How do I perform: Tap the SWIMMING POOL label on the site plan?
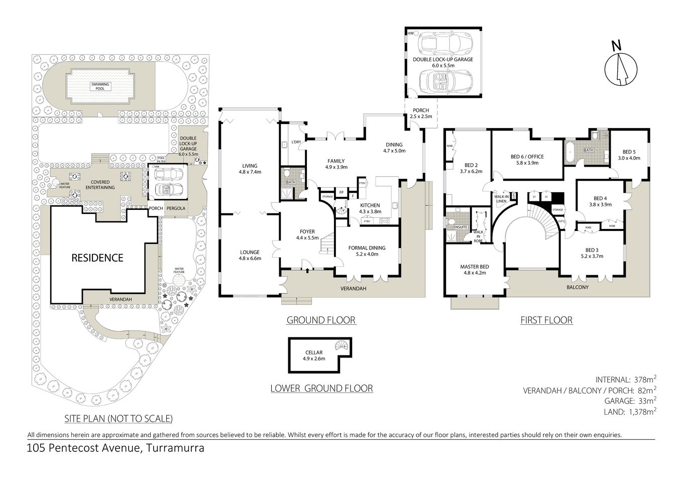click(x=99, y=86)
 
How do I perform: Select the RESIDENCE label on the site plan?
click(x=97, y=258)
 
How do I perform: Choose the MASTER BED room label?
click(x=475, y=270)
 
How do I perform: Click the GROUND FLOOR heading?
click(x=321, y=320)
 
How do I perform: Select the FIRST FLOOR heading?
click(x=546, y=320)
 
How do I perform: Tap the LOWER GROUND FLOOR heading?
click(x=321, y=388)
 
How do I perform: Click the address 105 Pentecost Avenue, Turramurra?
click(x=116, y=448)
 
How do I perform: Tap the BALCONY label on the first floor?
click(x=578, y=287)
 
